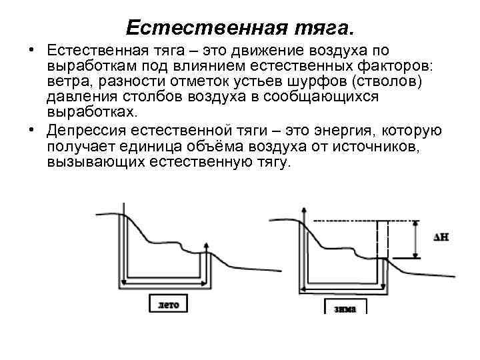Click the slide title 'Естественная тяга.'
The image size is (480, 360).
(241, 27)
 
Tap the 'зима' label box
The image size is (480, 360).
(345, 308)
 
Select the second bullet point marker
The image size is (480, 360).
(31, 129)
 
